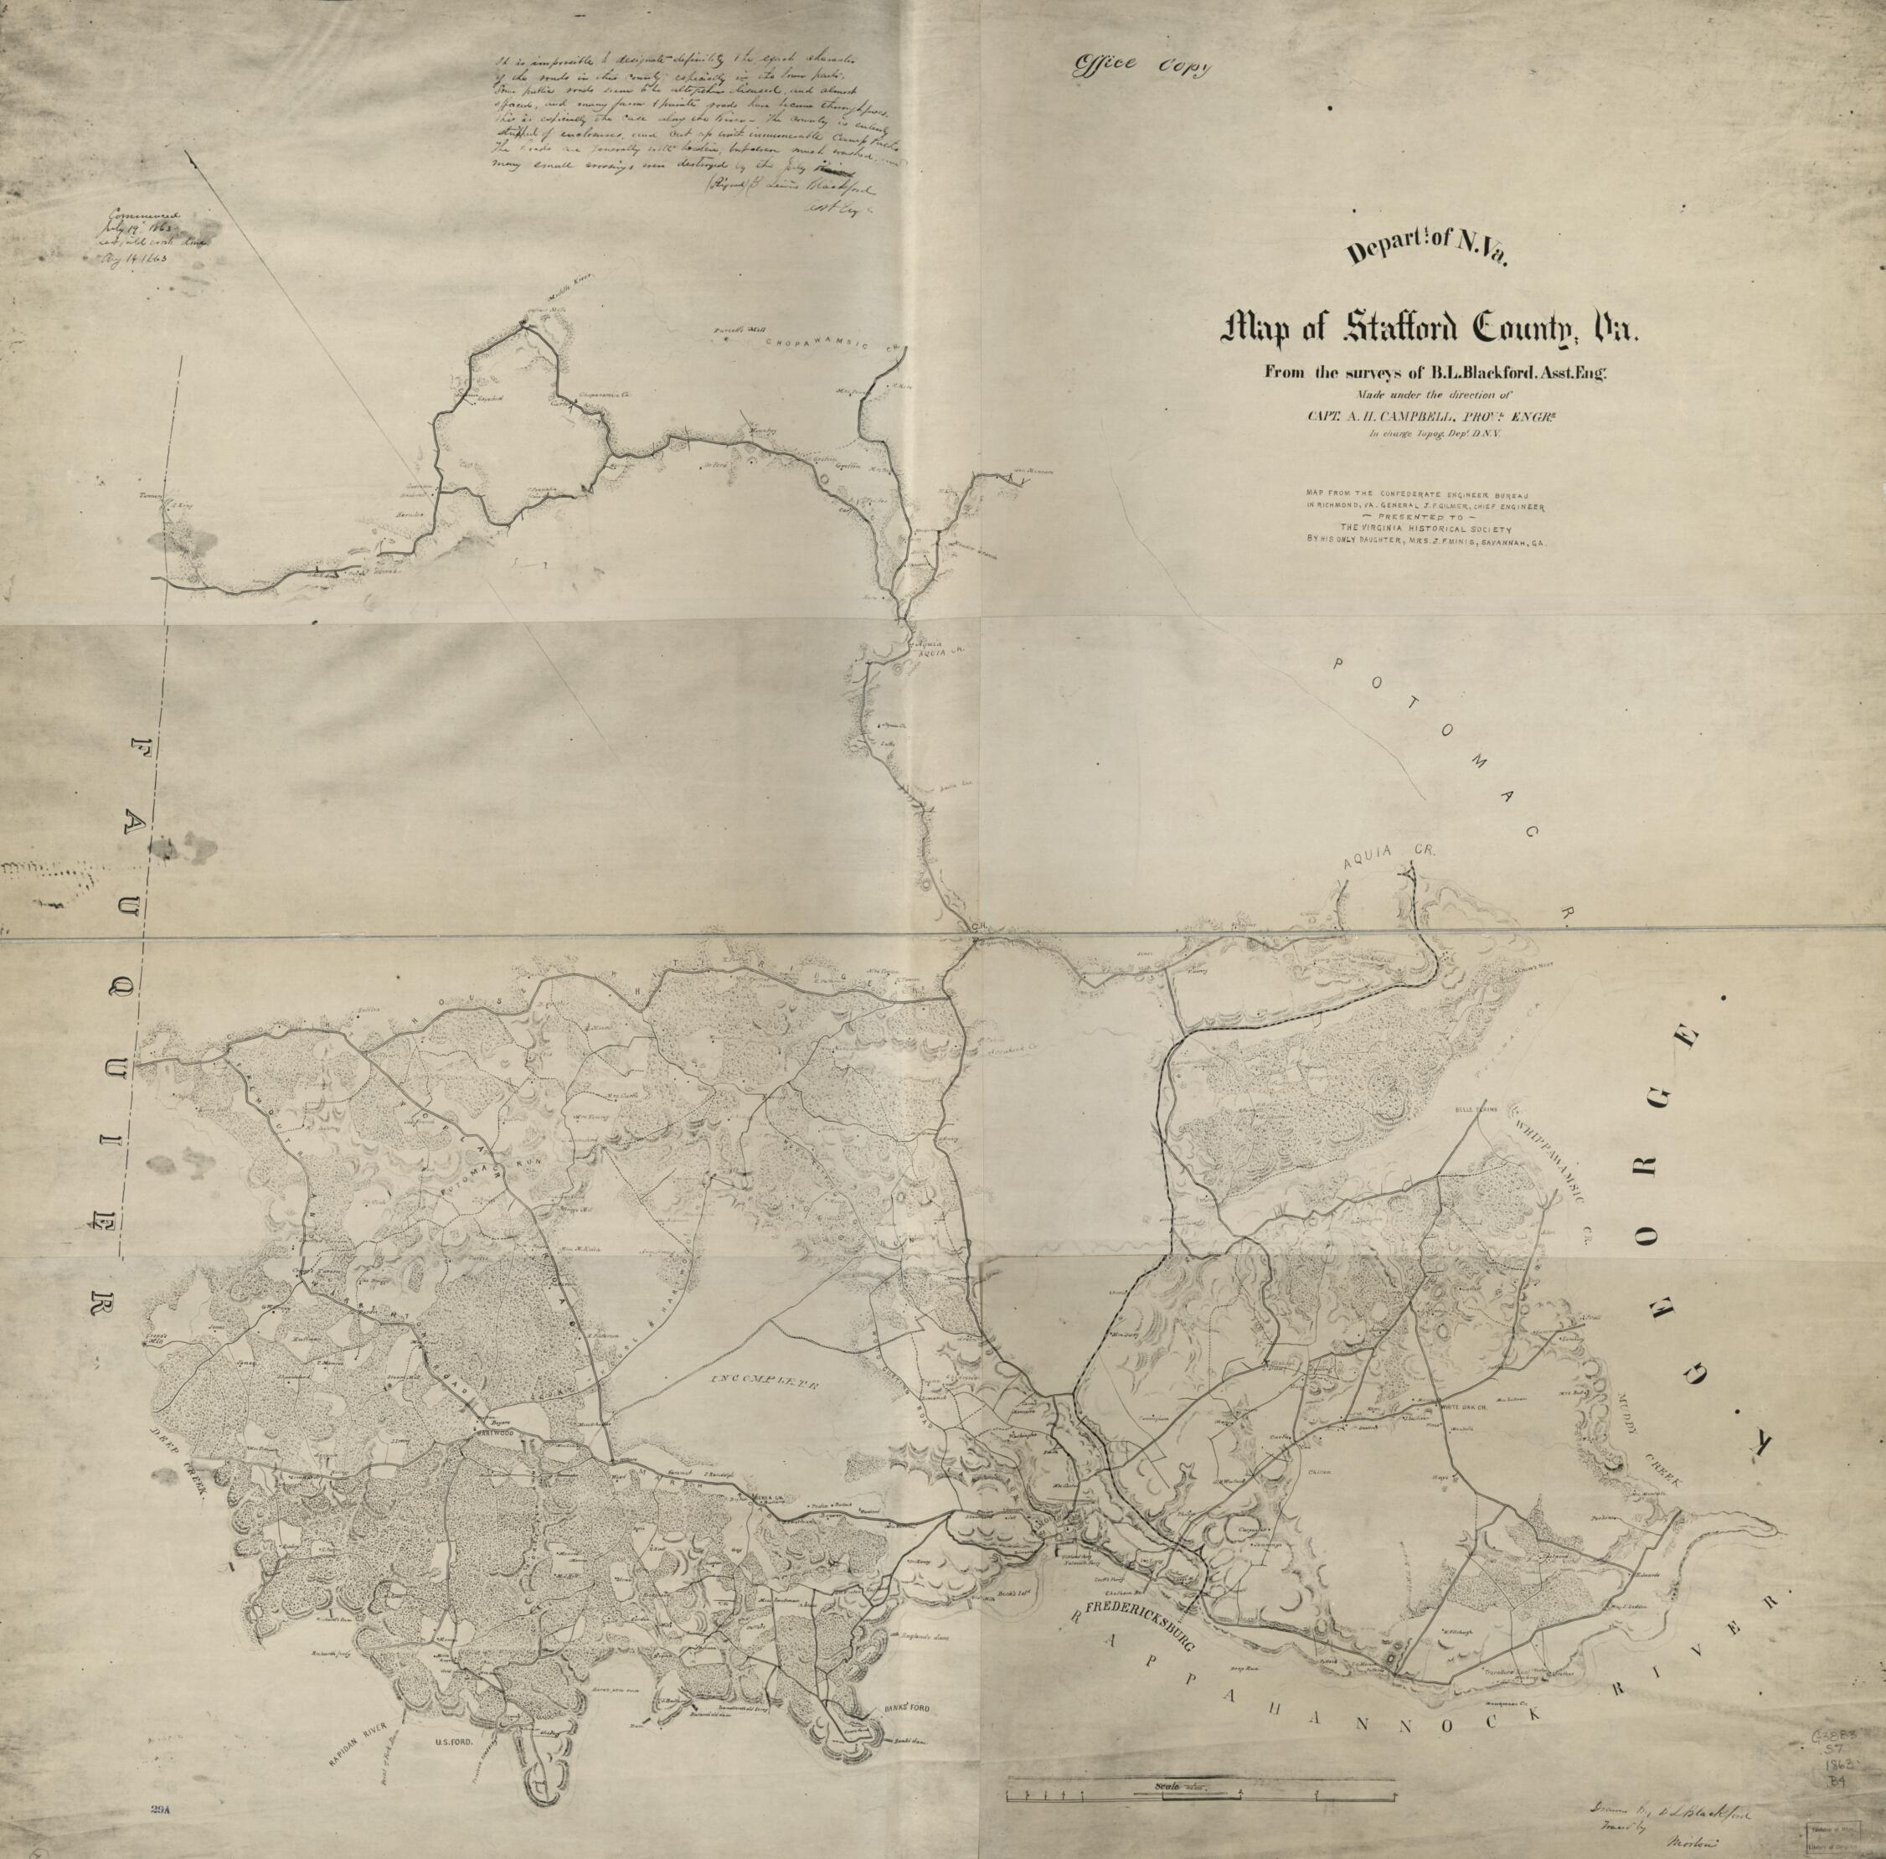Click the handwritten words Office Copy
1140,65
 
